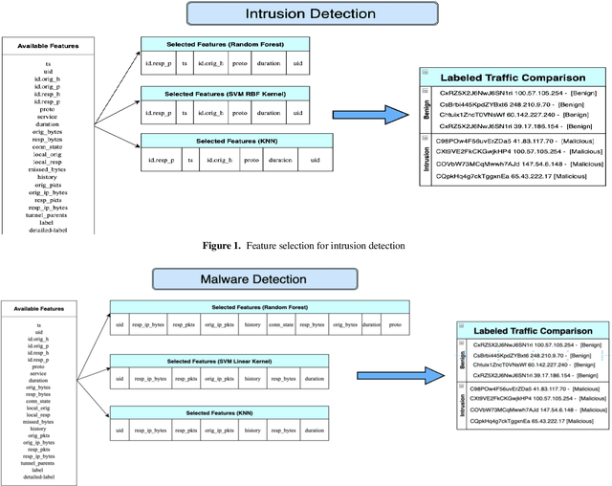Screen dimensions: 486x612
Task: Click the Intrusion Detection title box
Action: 295,14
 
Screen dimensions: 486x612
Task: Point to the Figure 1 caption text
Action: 304,246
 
